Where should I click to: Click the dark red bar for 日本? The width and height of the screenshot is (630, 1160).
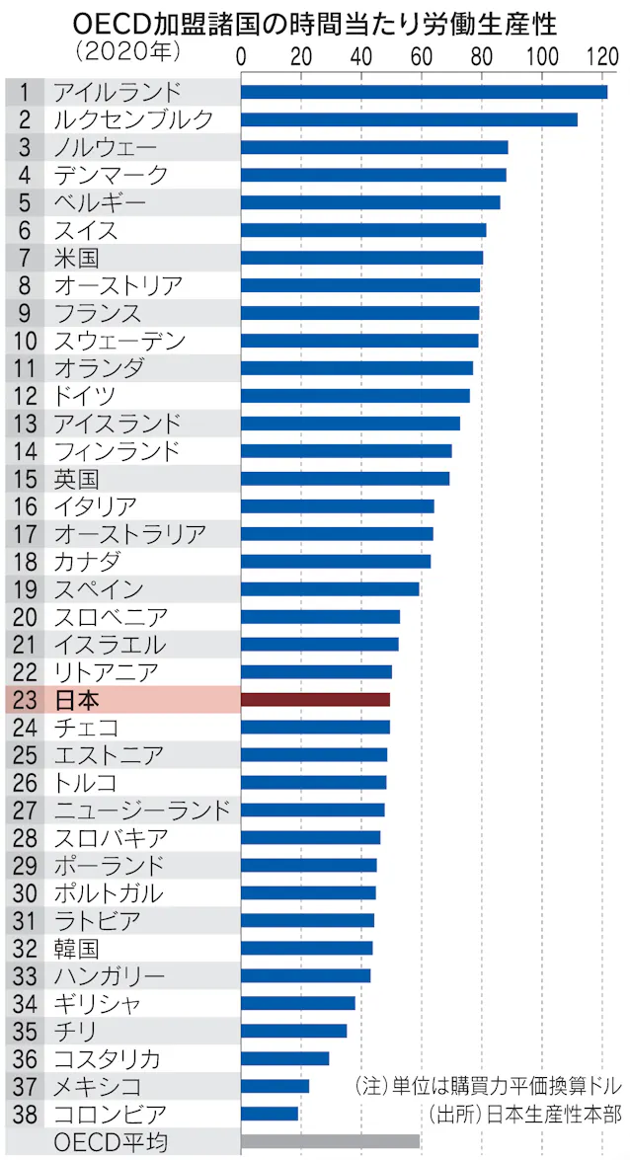[315, 700]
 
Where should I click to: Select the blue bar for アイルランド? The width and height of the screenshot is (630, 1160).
[424, 92]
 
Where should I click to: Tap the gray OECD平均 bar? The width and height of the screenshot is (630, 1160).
[330, 1141]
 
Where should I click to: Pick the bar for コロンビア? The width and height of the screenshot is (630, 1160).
[269, 1114]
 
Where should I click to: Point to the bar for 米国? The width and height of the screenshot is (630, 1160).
[361, 258]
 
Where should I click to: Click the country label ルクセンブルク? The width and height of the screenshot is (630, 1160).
[132, 120]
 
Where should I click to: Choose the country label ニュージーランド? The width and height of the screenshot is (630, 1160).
[142, 811]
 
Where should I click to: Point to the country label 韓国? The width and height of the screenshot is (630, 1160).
[76, 949]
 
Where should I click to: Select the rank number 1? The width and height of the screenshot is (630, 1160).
[24, 93]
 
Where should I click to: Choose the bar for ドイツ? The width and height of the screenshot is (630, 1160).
[354, 396]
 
